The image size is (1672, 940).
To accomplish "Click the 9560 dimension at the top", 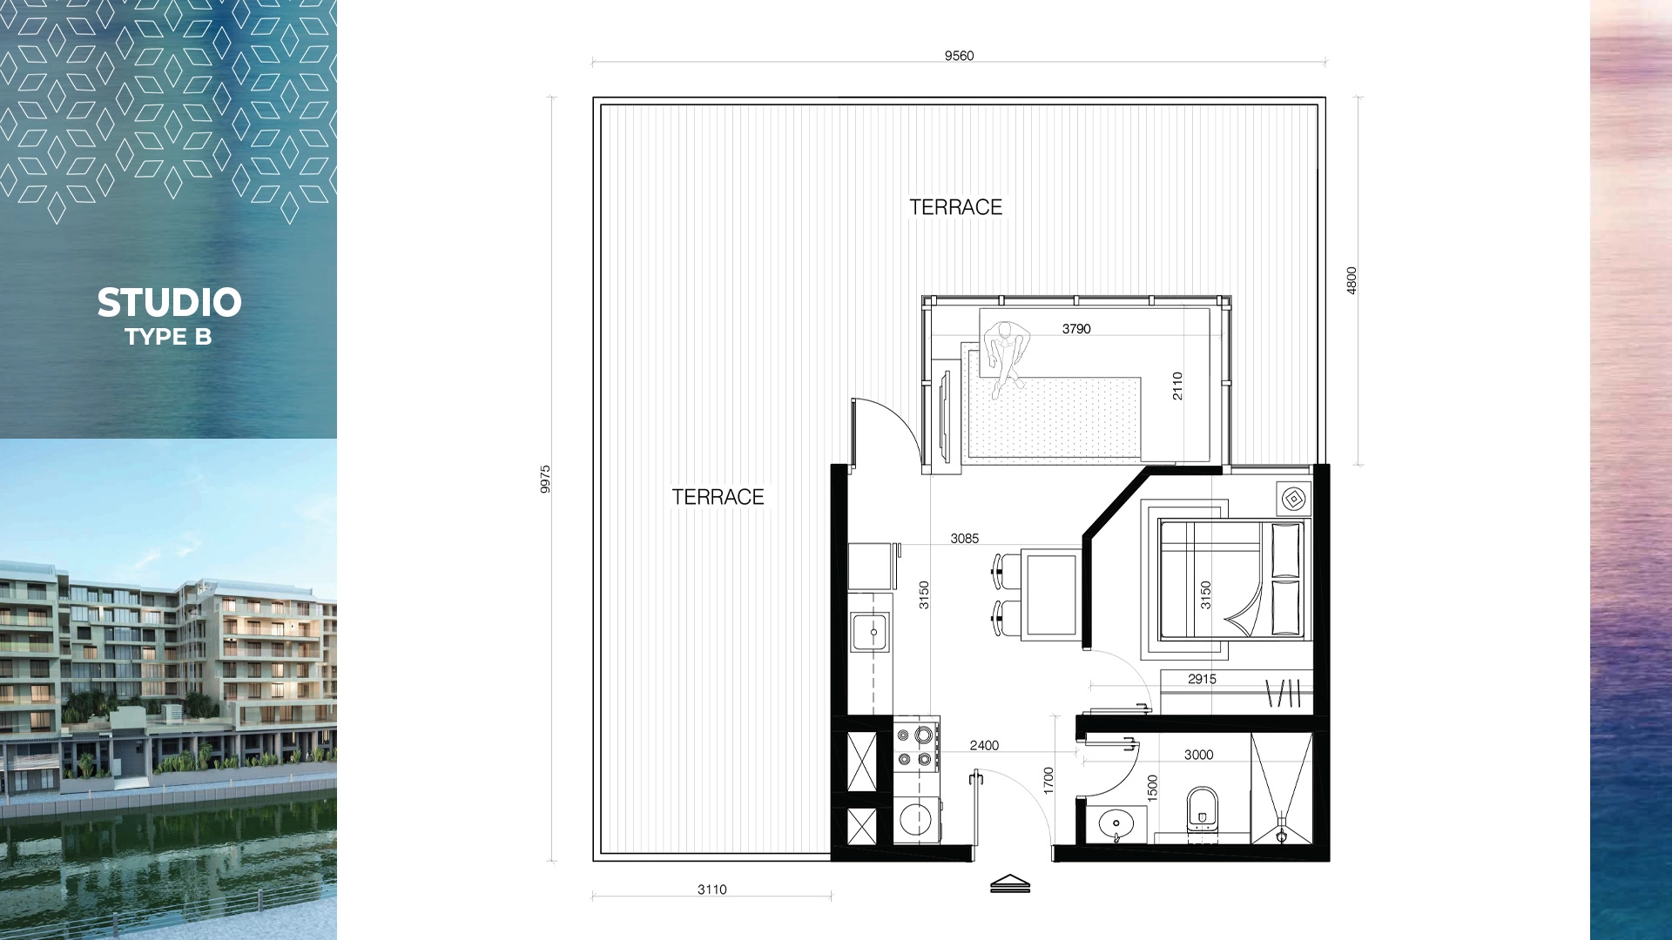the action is pos(959,56).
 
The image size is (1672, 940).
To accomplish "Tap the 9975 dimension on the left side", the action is pos(545,480).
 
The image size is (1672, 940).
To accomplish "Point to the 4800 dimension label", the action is pos(1352,280).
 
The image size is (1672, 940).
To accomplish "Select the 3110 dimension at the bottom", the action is pos(711,890).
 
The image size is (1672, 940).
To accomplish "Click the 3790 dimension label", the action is pos(1076,329).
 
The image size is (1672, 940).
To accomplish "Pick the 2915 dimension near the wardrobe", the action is pos(1202,679).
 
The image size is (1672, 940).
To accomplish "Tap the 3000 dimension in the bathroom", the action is pos(1198,755).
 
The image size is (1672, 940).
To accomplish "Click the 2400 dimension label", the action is pos(984,745).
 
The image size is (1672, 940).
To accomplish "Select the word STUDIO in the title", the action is pos(169,303).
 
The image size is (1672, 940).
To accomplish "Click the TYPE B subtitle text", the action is pos(168,337).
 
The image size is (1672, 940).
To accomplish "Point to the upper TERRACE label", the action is pos(955,207).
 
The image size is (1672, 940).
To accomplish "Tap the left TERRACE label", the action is pos(718,497).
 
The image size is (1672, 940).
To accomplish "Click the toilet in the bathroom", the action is pos(1203,809).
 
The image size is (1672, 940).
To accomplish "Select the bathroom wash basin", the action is pos(1116,822).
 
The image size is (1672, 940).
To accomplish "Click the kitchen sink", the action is pos(870,631).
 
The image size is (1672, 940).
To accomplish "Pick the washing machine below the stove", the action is pos(916,818).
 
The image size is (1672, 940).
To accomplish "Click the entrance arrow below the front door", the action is pos(1010,883).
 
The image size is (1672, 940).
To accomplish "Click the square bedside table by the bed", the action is pos(1294,499).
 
